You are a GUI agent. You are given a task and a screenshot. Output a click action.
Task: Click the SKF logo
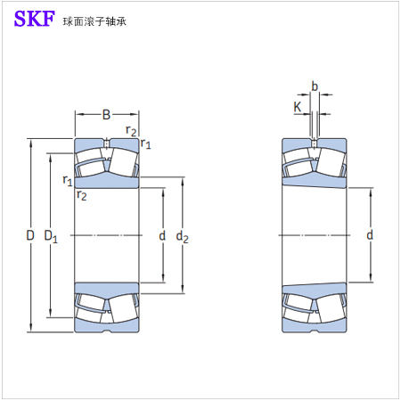[35, 19]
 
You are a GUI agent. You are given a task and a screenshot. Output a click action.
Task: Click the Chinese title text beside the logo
[94, 21]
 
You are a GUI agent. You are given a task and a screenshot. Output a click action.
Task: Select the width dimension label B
[106, 114]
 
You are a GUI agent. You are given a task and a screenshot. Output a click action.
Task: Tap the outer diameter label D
[30, 235]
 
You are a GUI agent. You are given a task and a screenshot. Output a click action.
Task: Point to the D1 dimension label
[51, 236]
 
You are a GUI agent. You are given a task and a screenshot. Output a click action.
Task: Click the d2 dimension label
[182, 237]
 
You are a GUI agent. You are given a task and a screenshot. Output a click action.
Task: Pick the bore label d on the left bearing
[162, 235]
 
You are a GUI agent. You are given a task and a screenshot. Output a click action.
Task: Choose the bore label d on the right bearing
[370, 235]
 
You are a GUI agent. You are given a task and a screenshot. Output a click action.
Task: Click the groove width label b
[315, 86]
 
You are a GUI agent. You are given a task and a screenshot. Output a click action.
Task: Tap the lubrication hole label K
[298, 107]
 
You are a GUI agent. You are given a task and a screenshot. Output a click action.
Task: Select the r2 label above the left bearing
[131, 130]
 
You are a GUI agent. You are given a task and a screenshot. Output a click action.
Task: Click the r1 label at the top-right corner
[146, 143]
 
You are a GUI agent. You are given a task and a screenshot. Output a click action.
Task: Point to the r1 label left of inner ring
[68, 180]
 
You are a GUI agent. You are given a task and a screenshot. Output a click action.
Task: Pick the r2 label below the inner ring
[81, 195]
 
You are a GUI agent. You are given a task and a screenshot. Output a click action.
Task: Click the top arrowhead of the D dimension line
[30, 143]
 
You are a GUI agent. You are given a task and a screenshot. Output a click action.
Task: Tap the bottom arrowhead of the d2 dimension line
[183, 290]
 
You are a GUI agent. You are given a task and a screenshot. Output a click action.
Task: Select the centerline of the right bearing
[314, 235]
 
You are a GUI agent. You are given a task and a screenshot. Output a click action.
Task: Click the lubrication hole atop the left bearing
[107, 143]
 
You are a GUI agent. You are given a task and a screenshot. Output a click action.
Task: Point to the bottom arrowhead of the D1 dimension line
[51, 314]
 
